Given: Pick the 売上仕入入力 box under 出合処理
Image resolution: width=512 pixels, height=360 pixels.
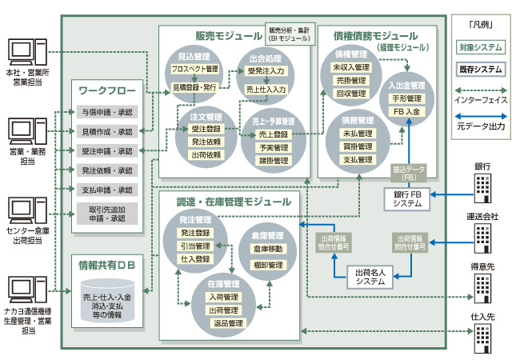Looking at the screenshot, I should [266, 89].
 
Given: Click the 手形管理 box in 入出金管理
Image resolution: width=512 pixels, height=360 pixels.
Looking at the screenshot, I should [407, 98].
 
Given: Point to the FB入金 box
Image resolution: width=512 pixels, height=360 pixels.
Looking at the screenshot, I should [407, 111].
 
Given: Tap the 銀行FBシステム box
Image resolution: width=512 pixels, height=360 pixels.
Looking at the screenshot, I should [407, 199].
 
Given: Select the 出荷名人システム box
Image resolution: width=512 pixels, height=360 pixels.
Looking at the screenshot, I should [370, 277].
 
